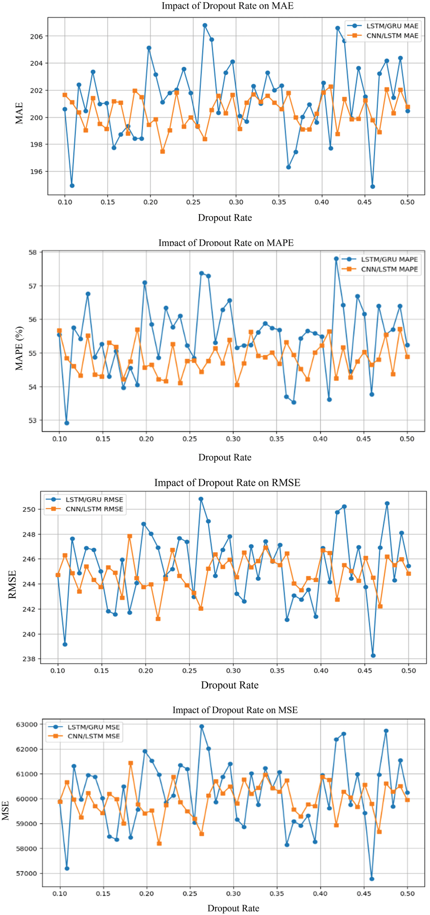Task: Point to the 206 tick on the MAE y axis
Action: click(x=36, y=36)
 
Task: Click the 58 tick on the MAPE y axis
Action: click(x=33, y=253)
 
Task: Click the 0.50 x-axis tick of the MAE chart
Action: click(x=407, y=202)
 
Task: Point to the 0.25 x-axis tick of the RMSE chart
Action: click(x=190, y=671)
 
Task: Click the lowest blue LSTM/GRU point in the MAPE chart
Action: click(x=67, y=423)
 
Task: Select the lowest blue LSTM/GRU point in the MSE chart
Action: click(x=372, y=879)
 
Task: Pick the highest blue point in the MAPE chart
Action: click(x=336, y=259)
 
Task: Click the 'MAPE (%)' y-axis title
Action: click(x=19, y=348)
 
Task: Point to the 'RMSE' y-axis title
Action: click(x=12, y=584)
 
